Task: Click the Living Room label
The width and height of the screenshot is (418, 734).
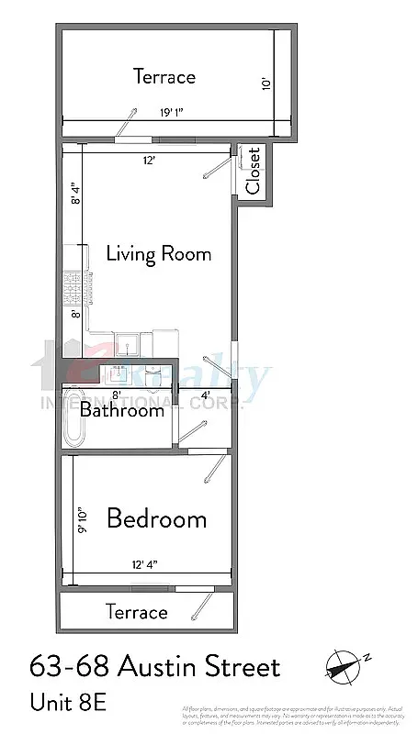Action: (159, 253)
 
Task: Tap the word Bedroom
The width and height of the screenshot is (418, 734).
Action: (156, 518)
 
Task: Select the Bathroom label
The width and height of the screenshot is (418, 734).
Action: (121, 410)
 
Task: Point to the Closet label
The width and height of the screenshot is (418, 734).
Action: (253, 171)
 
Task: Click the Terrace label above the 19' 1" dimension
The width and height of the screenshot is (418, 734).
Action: (164, 76)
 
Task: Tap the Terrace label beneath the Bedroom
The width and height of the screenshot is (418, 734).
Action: (137, 612)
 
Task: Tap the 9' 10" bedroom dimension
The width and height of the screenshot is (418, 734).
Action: (81, 520)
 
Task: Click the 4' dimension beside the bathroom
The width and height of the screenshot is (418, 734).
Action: (206, 395)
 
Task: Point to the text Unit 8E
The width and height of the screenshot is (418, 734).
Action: (68, 702)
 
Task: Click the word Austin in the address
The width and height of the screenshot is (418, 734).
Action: (157, 667)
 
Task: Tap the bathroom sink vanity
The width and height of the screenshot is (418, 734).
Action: (119, 374)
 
